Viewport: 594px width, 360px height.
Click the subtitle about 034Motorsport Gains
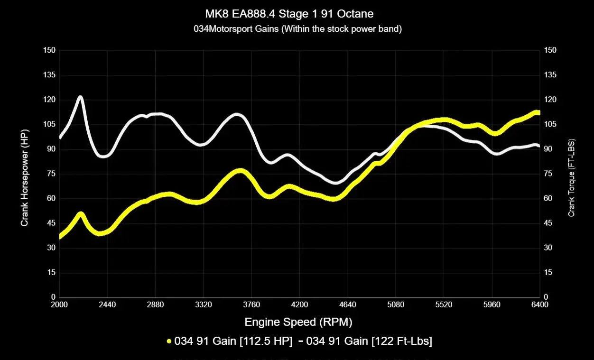tap(297, 29)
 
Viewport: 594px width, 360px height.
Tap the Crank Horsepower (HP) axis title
tap(24, 177)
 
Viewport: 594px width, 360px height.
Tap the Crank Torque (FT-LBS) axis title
tap(572, 177)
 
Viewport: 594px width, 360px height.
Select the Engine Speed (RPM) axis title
tap(298, 323)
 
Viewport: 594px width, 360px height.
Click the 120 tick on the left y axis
tap(49, 100)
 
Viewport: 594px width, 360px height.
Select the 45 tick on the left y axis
tap(50, 223)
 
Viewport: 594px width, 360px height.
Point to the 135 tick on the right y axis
tap(550, 75)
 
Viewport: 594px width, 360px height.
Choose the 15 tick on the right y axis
tap(548, 272)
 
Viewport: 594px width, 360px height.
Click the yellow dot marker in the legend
tap(169, 341)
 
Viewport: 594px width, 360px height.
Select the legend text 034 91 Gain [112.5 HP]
tap(233, 341)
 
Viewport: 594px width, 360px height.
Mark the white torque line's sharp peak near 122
tap(80, 97)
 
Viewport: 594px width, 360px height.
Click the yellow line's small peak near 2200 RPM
tap(81, 214)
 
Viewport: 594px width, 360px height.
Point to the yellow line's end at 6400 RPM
tap(538, 112)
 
